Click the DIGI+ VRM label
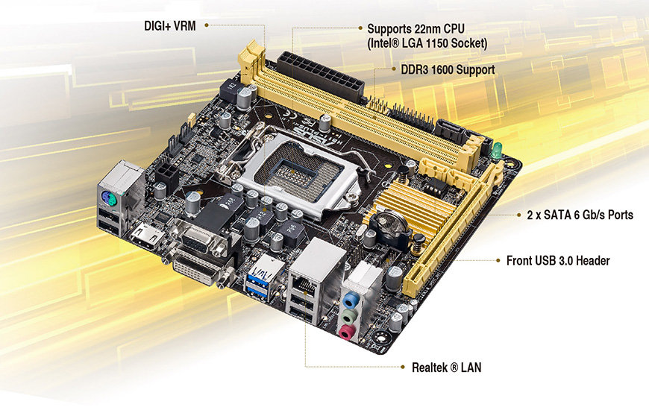pyautogui.click(x=169, y=25)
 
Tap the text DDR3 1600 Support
pyautogui.click(x=448, y=69)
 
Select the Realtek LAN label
pyautogui.click(x=446, y=367)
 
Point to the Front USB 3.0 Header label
pyautogui.click(x=558, y=261)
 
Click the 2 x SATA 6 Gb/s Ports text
pyautogui.click(x=580, y=215)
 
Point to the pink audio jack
pyautogui.click(x=347, y=332)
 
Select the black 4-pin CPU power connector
pyautogui.click(x=167, y=175)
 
